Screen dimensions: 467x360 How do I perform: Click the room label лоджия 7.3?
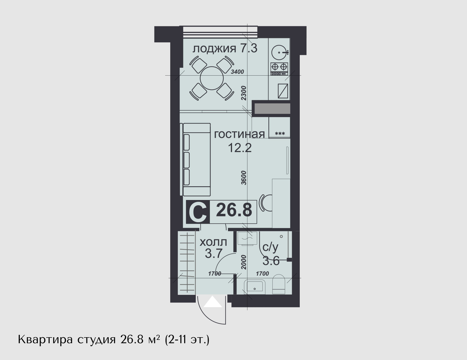[x=225, y=48]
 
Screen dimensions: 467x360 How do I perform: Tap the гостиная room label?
[x=239, y=134]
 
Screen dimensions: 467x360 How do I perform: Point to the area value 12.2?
[x=240, y=148]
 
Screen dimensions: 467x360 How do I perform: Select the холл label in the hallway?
[x=213, y=242]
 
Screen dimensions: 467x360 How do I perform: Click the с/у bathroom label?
[x=270, y=247]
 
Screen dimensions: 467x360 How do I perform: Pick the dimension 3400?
[x=237, y=72]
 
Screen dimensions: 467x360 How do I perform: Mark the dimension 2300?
[x=243, y=93]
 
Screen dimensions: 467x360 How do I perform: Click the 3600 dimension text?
[x=244, y=178]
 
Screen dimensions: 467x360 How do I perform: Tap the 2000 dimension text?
[x=243, y=262]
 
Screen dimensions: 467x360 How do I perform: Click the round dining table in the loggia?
[x=212, y=78]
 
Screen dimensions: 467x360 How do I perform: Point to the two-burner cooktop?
[x=279, y=69]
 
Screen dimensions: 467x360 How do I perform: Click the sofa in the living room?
[x=195, y=159]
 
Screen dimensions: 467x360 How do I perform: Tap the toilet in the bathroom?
[x=278, y=284]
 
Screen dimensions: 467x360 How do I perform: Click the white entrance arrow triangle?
[x=212, y=302]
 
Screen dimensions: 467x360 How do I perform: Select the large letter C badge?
[x=198, y=212]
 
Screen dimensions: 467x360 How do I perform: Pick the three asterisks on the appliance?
[x=280, y=134]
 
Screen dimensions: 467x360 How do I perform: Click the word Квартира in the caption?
[x=45, y=340]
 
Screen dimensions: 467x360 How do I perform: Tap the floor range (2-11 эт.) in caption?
[x=187, y=340]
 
